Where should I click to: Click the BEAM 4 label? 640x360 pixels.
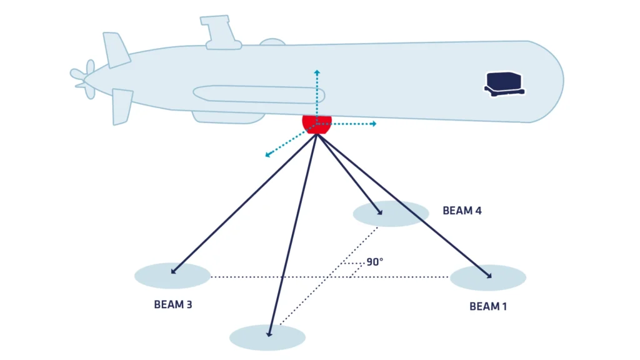pyautogui.click(x=462, y=211)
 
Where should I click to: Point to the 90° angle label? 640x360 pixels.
pyautogui.click(x=374, y=262)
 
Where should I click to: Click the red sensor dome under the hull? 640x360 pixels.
pyautogui.click(x=317, y=123)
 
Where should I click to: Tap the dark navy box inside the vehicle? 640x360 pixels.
pyautogui.click(x=504, y=82)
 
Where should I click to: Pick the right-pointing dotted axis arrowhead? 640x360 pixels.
pyautogui.click(x=373, y=124)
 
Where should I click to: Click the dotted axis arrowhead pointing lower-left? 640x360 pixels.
pyautogui.click(x=268, y=154)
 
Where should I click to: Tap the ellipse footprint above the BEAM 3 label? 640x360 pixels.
pyautogui.click(x=172, y=276)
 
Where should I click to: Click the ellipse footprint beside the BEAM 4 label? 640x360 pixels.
pyautogui.click(x=391, y=214)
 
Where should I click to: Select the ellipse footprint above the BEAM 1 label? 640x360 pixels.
pyautogui.click(x=487, y=277)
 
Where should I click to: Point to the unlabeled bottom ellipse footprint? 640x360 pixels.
pyautogui.click(x=267, y=337)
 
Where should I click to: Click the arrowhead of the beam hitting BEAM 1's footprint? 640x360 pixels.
pyautogui.click(x=488, y=276)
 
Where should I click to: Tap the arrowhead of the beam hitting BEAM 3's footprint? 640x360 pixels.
pyautogui.click(x=173, y=272)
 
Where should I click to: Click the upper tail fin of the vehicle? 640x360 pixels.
pyautogui.click(x=116, y=49)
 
